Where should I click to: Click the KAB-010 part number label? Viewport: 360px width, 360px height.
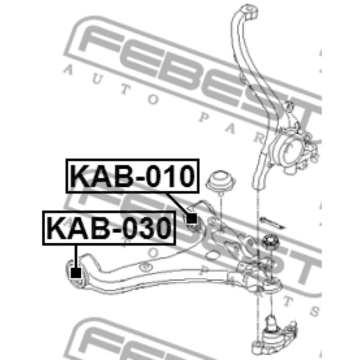click(x=133, y=176)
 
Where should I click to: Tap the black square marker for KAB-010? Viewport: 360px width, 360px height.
click(x=191, y=219)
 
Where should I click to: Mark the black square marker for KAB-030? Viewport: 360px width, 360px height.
click(x=76, y=273)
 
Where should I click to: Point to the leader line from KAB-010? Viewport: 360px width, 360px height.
click(x=177, y=204)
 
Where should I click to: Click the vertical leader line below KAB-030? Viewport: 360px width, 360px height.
click(x=76, y=256)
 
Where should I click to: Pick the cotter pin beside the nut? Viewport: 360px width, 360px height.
click(x=272, y=223)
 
